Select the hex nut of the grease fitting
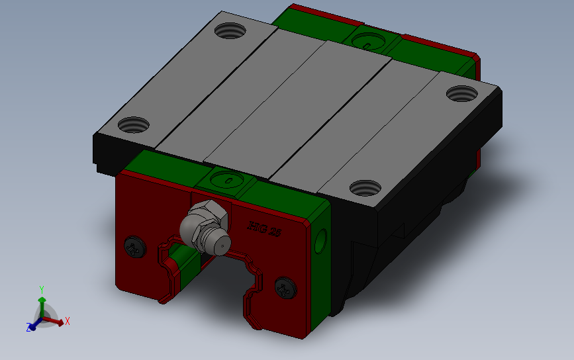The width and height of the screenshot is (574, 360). tap(201, 221)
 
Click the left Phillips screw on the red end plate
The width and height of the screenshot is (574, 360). tap(135, 247)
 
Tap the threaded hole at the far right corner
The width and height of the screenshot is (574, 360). tap(461, 93)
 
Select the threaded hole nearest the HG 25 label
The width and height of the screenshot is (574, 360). tap(365, 188)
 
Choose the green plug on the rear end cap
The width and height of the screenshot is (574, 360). tap(368, 42)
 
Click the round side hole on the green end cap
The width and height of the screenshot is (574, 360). tap(323, 239)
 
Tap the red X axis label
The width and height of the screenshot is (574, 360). tap(68, 321)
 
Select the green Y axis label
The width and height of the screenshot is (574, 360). tap(41, 289)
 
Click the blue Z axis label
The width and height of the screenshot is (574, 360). tap(28, 327)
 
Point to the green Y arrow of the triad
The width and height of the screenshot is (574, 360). tap(42, 304)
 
